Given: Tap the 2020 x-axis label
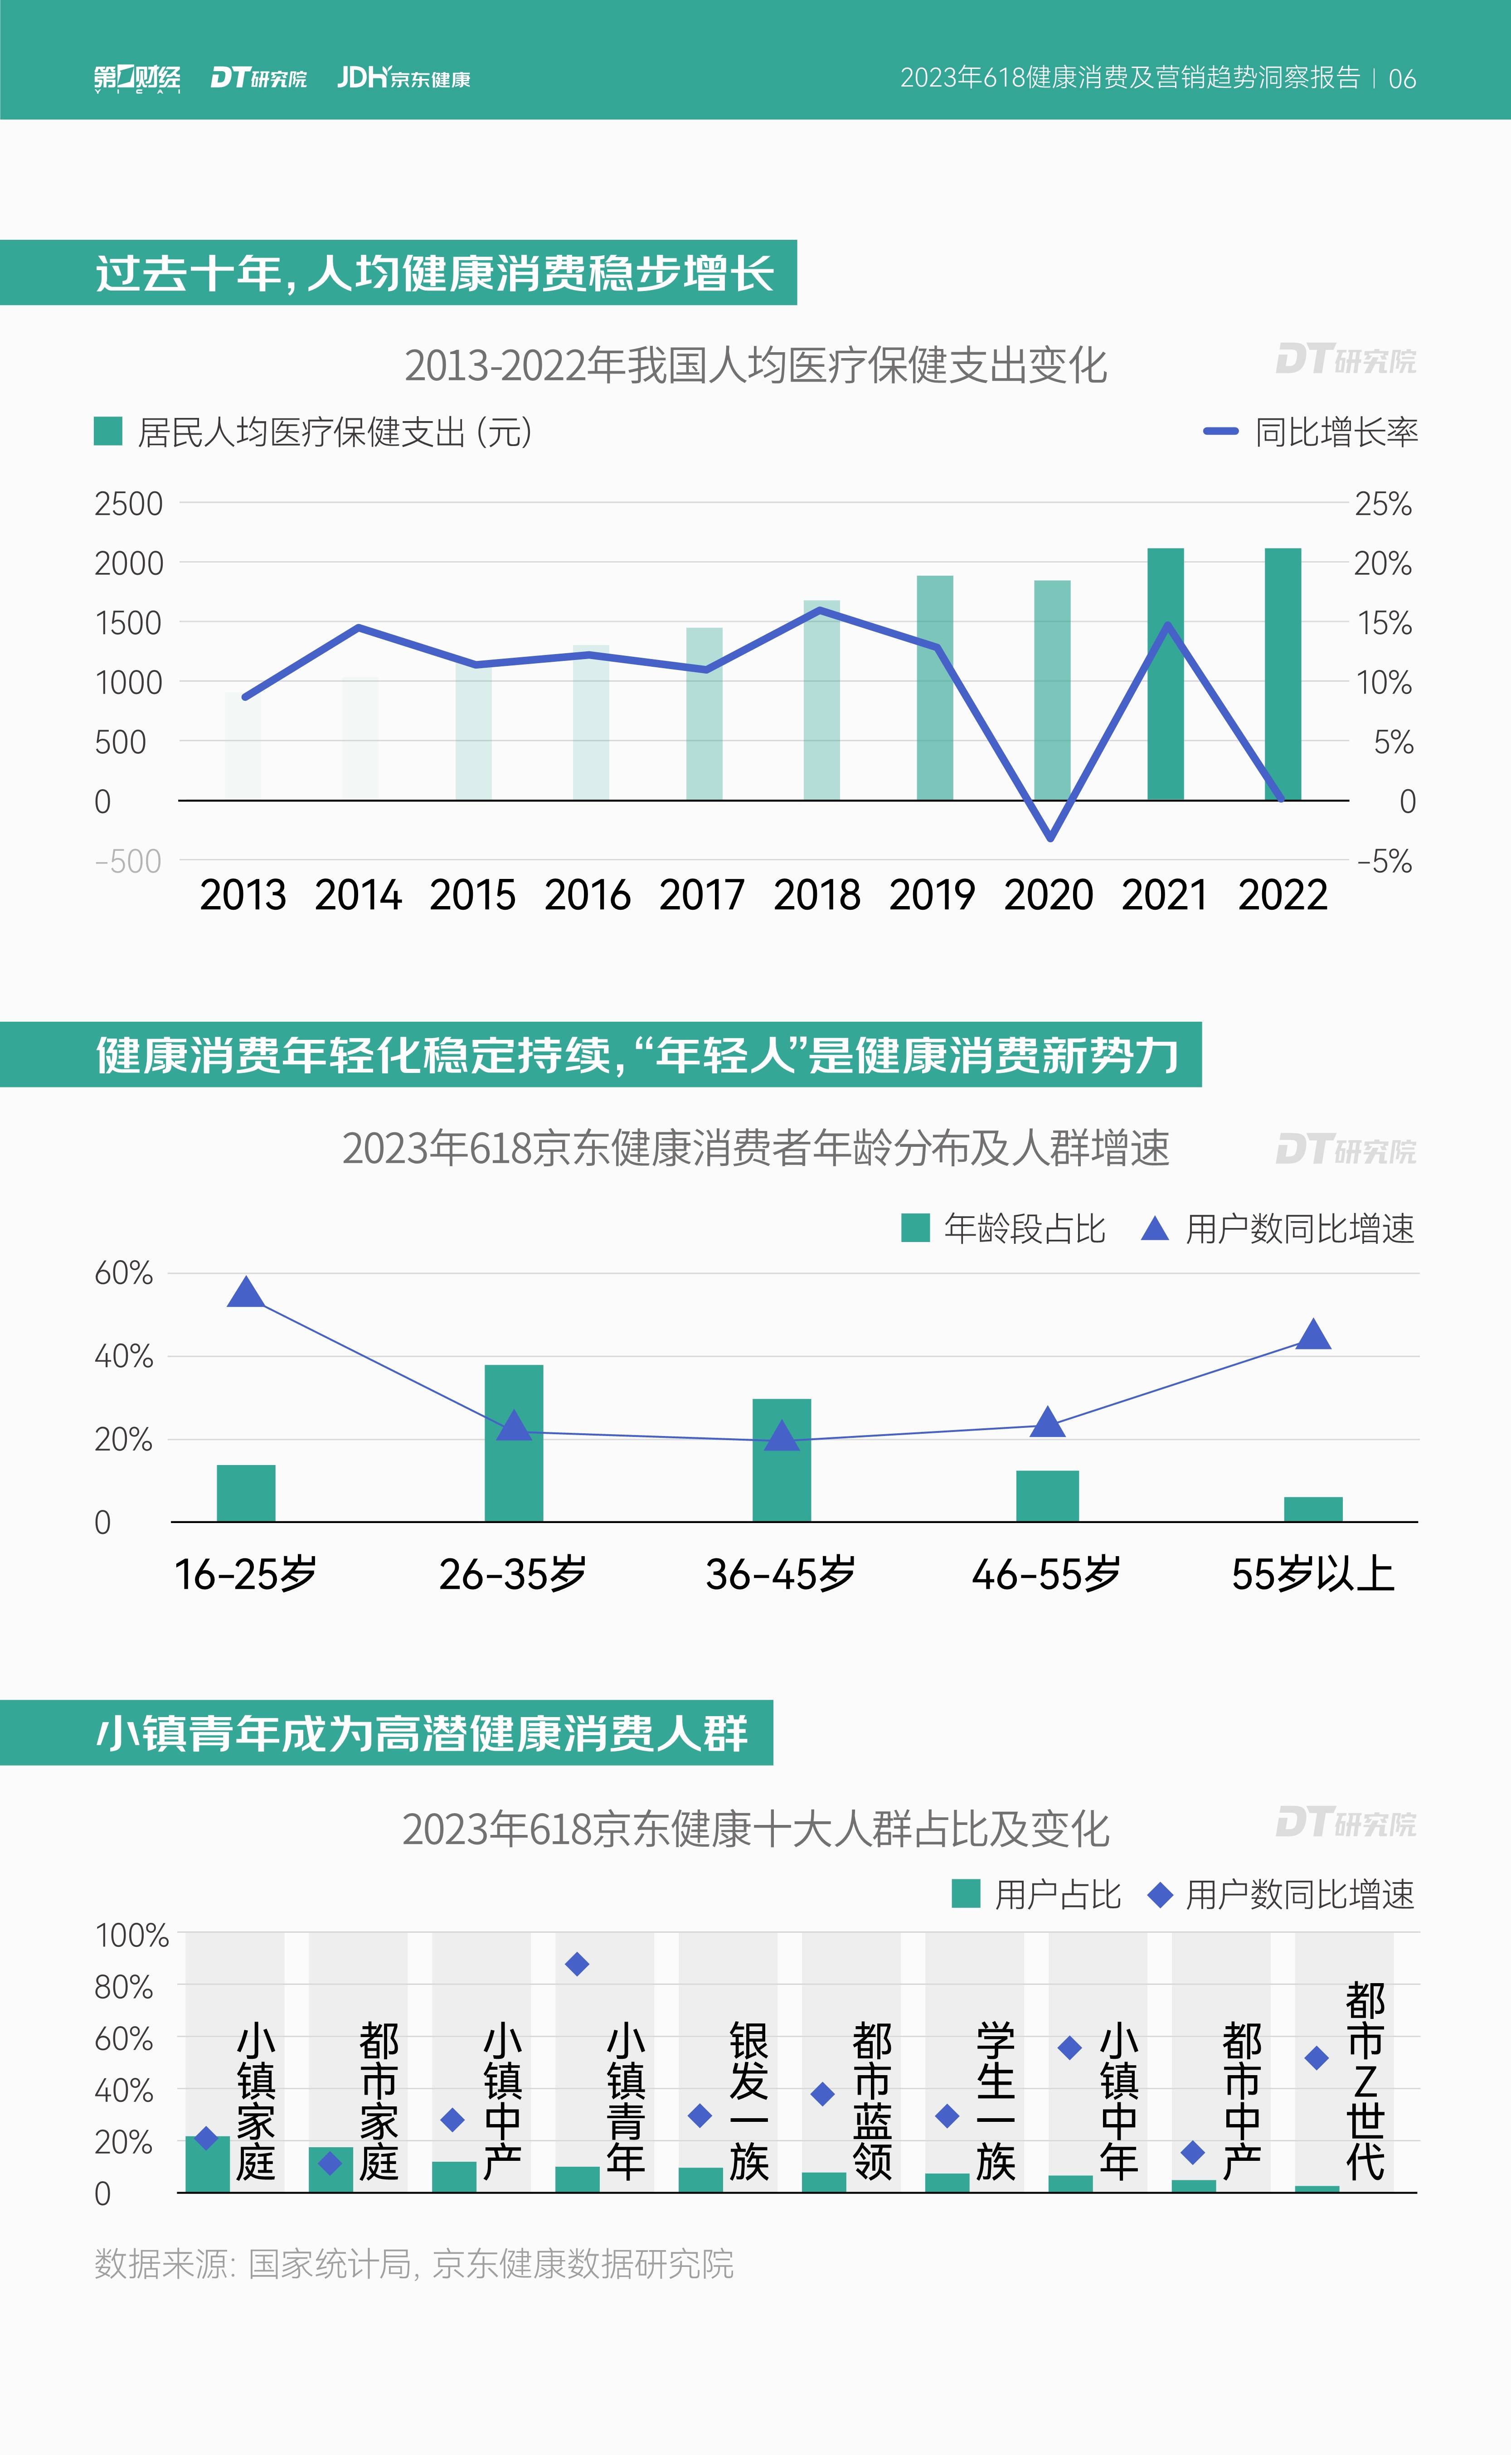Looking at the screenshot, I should point(1048,894).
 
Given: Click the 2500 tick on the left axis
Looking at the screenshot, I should point(128,504).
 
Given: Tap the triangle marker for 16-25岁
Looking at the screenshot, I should point(246,1293).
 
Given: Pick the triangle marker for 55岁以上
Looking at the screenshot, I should point(1313,1335).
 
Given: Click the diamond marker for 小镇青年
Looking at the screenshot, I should point(577,1965).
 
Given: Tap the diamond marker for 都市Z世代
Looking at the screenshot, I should point(1317,2058).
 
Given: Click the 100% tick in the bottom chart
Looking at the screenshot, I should point(131,1936).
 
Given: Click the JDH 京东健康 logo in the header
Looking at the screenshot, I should point(404,78).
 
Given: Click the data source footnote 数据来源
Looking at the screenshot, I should point(414,2264).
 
